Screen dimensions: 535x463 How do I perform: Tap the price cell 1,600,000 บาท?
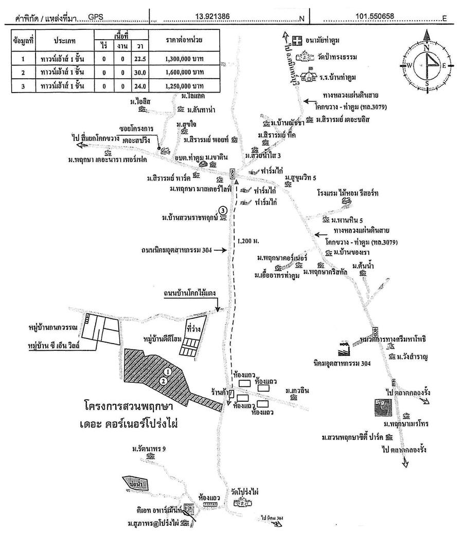184,73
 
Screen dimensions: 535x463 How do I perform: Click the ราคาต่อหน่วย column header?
184,40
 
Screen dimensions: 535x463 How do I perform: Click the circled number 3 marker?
222,210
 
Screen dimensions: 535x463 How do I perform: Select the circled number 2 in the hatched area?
163,381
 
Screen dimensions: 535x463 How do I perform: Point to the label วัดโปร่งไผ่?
244,492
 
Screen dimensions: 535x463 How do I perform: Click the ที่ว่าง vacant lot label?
193,328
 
